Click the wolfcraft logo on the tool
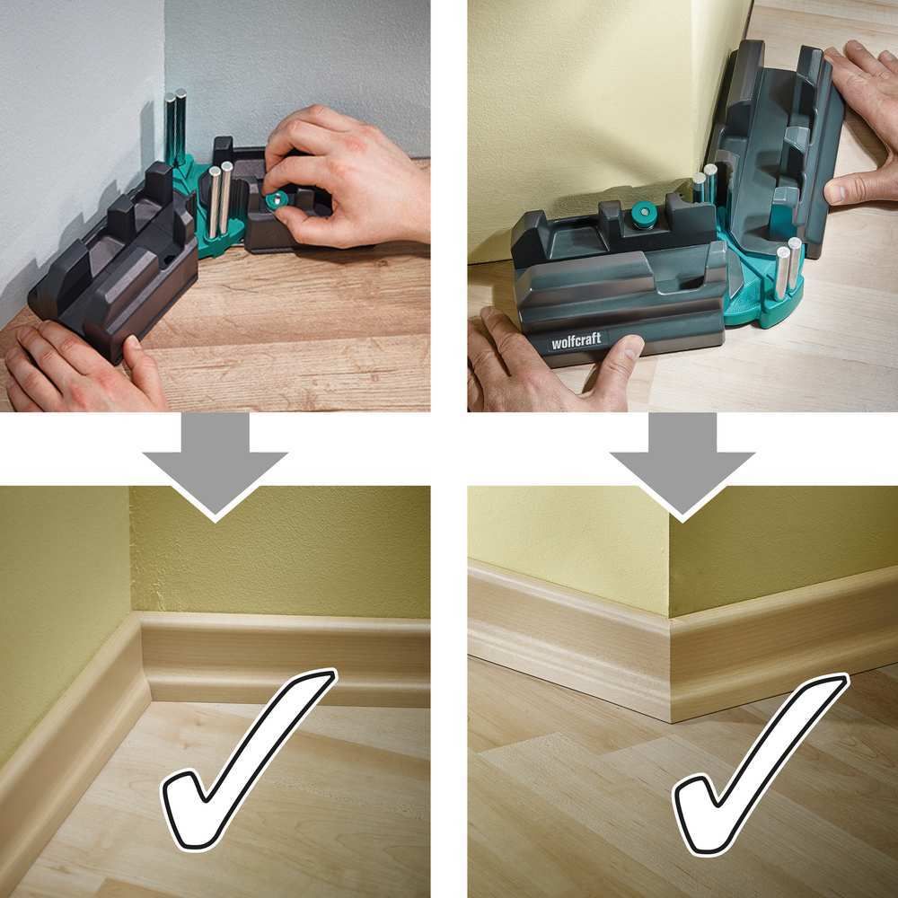click(576, 340)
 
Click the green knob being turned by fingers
click(277, 200)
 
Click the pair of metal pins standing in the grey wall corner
click(175, 128)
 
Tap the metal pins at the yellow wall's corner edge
click(704, 182)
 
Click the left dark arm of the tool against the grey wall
click(115, 260)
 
